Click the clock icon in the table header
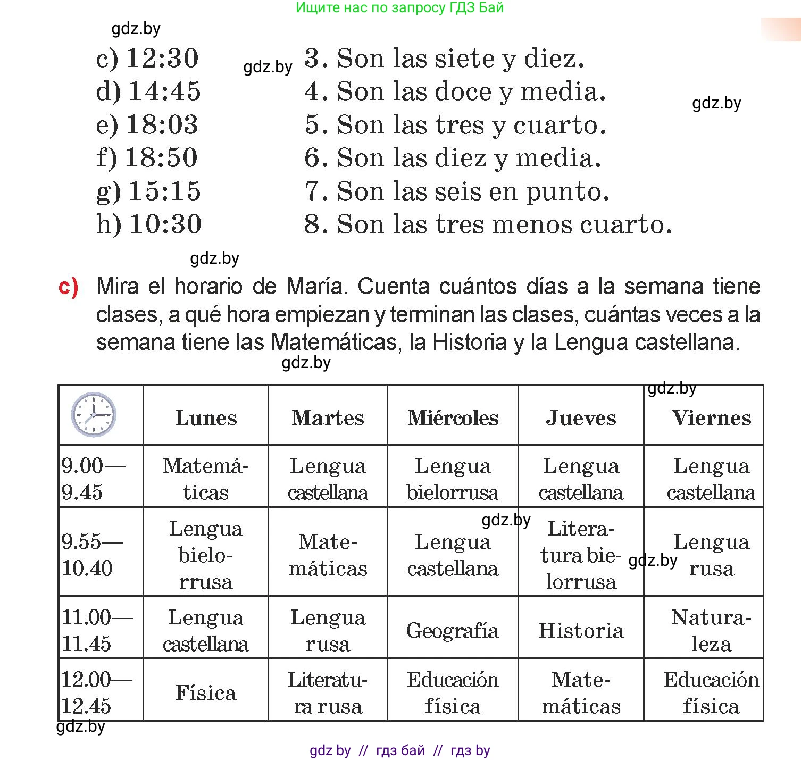click(x=94, y=415)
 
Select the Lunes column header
click(x=206, y=418)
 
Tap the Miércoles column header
click(x=453, y=418)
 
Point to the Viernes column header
click(x=711, y=418)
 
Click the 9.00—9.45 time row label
click(x=94, y=479)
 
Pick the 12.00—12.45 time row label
click(x=96, y=692)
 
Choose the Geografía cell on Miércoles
click(x=453, y=631)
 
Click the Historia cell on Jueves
click(x=581, y=631)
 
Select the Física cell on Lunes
click(x=206, y=693)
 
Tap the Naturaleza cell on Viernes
click(x=711, y=631)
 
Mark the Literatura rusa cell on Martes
click(x=328, y=693)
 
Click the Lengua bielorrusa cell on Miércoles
click(x=453, y=479)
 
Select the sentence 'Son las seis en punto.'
click(x=472, y=191)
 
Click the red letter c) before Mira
click(x=68, y=287)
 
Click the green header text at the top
click(x=399, y=8)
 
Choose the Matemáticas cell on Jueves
click(x=581, y=693)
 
